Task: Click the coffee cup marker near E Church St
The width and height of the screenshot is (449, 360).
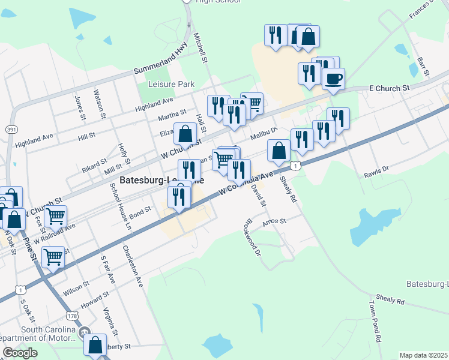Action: [333, 78]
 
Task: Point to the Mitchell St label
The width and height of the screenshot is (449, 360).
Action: [200, 48]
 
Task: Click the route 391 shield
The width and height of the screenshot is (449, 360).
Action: [11, 130]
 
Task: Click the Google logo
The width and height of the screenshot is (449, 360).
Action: [20, 353]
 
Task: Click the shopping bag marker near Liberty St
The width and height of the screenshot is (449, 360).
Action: [95, 345]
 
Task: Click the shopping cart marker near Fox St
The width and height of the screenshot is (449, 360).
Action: [55, 217]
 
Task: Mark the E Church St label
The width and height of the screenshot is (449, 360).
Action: [389, 88]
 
